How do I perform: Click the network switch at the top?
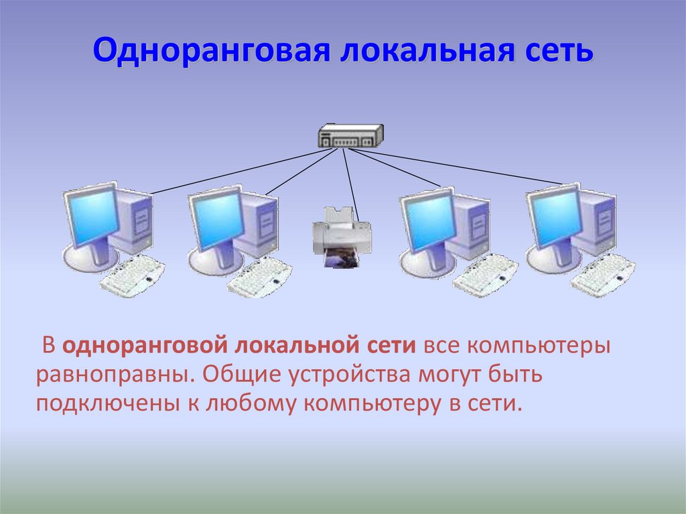(351, 135)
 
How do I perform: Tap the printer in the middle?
(342, 237)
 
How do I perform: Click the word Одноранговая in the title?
(211, 50)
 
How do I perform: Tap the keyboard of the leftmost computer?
(133, 275)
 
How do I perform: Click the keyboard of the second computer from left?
(259, 277)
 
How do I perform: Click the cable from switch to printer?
(350, 185)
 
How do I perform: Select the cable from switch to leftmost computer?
(243, 171)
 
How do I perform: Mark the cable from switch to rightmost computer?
(456, 166)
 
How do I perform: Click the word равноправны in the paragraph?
(115, 375)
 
